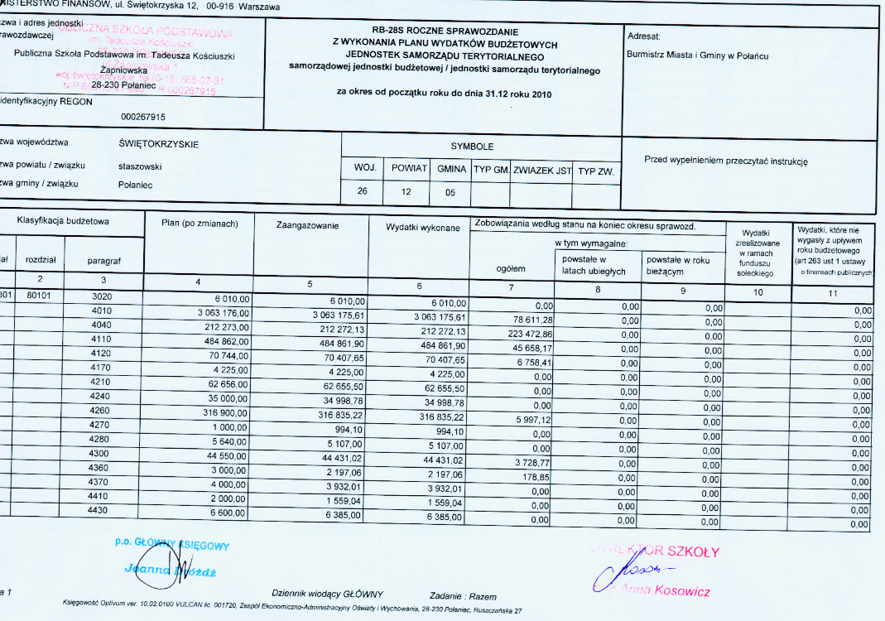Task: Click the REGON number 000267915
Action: tap(142, 117)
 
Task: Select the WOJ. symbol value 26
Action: tap(362, 191)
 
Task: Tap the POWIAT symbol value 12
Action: tap(406, 191)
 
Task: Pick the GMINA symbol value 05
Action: tap(450, 191)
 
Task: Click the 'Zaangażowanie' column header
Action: tap(308, 225)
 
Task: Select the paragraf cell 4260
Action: tap(99, 410)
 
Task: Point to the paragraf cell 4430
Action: tap(99, 510)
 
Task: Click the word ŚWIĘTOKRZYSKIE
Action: tap(159, 143)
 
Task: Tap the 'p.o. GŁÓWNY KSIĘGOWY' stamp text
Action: tap(172, 545)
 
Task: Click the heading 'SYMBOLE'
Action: tap(472, 147)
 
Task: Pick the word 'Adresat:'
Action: tap(644, 37)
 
